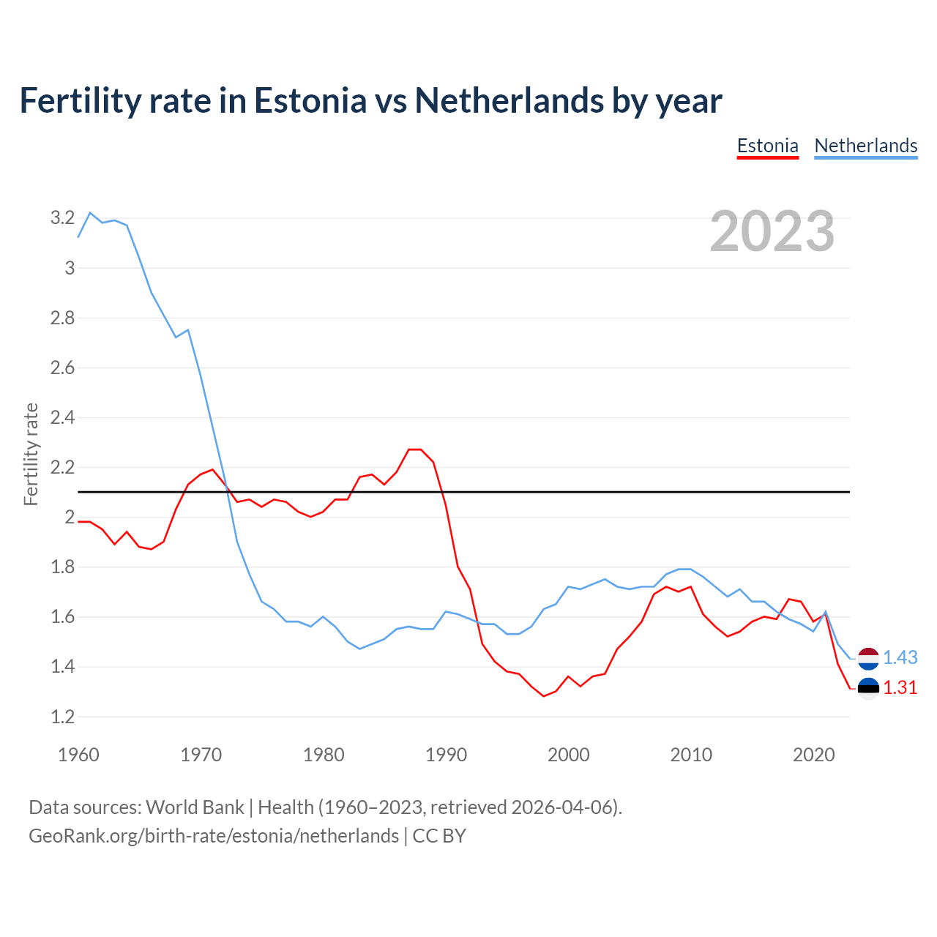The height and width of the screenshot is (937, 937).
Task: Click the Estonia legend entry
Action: (x=767, y=146)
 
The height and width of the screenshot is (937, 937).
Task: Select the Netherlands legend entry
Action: (x=865, y=146)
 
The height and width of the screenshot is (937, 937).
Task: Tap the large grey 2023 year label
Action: (x=772, y=231)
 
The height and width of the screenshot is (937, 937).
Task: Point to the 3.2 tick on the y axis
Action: (x=62, y=217)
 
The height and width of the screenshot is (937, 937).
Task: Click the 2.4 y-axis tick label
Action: (x=62, y=417)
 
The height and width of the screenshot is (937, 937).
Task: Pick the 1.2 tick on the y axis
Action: (x=62, y=717)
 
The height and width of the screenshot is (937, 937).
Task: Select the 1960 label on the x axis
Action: (x=78, y=755)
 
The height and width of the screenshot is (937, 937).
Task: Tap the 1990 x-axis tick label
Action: (x=446, y=755)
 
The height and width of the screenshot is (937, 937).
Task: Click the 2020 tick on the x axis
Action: (x=813, y=755)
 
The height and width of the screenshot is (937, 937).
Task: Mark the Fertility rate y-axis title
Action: (x=31, y=454)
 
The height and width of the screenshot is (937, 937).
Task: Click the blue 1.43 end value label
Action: (x=900, y=657)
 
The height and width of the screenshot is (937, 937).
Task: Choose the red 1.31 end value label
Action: (x=900, y=687)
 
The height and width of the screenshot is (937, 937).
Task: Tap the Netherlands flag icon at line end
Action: (x=868, y=658)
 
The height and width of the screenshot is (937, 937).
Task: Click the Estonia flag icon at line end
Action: (x=868, y=688)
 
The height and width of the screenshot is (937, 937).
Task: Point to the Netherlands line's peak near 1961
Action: (x=90, y=213)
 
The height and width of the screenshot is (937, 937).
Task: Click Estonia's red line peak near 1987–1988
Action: (x=415, y=449)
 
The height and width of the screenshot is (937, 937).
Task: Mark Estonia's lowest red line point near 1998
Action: (x=544, y=696)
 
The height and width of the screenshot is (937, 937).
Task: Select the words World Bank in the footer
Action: (x=195, y=807)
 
